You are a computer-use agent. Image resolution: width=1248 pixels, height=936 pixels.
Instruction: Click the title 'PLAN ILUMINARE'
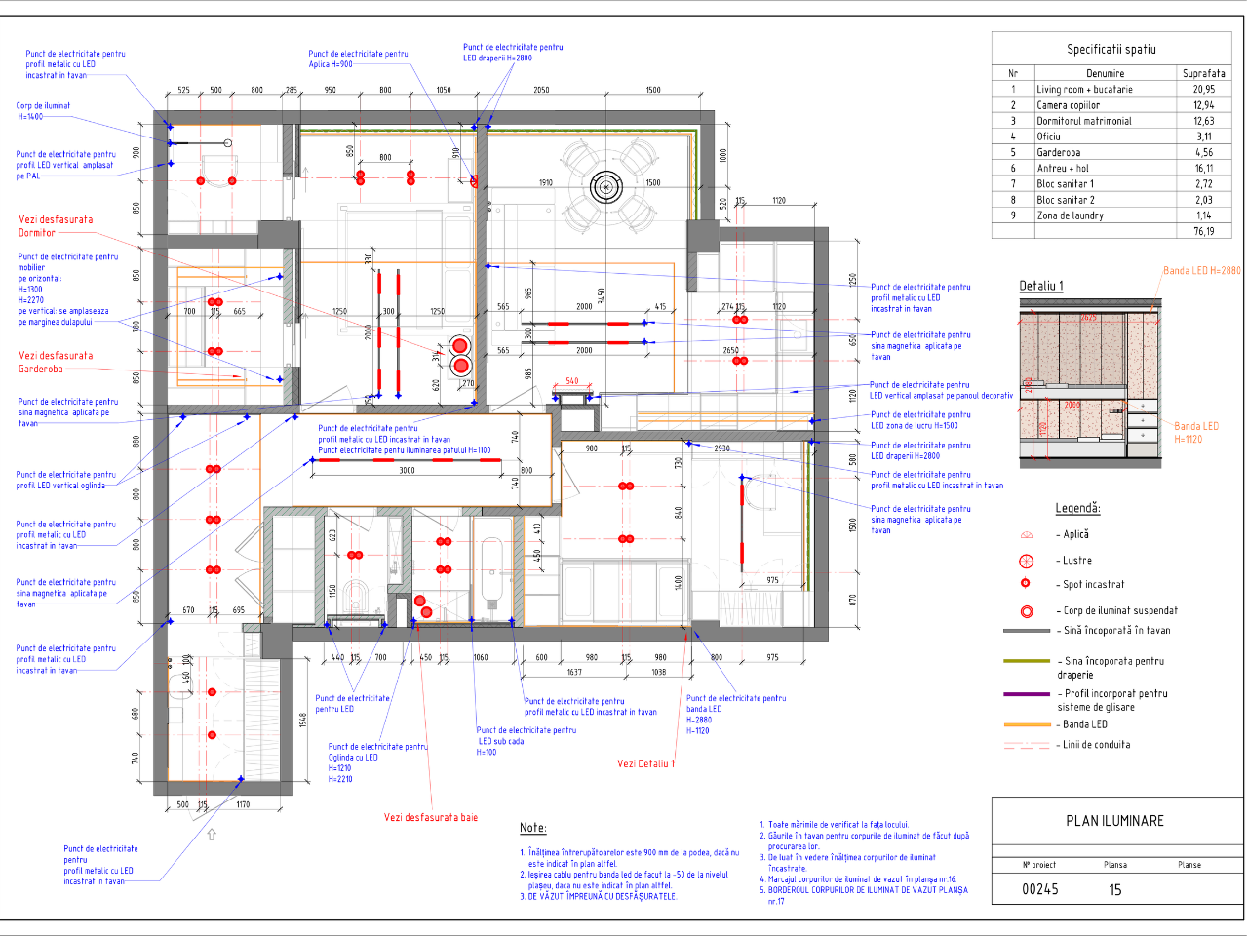pyautogui.click(x=1114, y=821)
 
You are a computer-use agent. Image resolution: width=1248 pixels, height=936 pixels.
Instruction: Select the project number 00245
pyautogui.click(x=1039, y=889)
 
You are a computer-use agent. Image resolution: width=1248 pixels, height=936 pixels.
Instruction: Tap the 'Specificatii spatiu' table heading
pyautogui.click(x=1111, y=49)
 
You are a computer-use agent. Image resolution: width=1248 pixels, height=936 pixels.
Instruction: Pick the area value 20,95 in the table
pyautogui.click(x=1203, y=89)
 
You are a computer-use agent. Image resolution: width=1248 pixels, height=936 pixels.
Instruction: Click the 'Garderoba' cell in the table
pyautogui.click(x=1058, y=152)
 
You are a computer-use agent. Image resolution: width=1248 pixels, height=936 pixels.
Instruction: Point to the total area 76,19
pyautogui.click(x=1203, y=231)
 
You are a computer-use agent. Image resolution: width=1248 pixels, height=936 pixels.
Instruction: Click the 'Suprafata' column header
pyautogui.click(x=1203, y=73)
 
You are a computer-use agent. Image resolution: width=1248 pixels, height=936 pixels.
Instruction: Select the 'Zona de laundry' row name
pyautogui.click(x=1070, y=215)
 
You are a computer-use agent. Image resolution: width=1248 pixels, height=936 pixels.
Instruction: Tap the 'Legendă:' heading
pyautogui.click(x=1077, y=508)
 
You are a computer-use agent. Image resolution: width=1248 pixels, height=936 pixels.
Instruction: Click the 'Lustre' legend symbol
pyautogui.click(x=1026, y=561)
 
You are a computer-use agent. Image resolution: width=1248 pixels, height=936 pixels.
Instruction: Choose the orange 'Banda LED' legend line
pyautogui.click(x=1026, y=724)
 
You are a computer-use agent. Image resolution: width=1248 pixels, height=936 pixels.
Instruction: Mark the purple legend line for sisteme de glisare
pyautogui.click(x=1026, y=694)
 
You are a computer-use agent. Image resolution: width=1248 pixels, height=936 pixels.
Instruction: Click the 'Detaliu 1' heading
pyautogui.click(x=1041, y=286)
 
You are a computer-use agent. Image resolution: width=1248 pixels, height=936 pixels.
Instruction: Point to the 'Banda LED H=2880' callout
pyautogui.click(x=1201, y=271)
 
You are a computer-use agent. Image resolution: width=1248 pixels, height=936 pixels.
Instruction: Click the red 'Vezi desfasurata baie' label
pyautogui.click(x=430, y=817)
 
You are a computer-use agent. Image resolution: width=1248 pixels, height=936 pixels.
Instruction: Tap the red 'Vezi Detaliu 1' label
pyautogui.click(x=645, y=763)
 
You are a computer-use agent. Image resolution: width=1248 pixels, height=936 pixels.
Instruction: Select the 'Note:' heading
pyautogui.click(x=532, y=828)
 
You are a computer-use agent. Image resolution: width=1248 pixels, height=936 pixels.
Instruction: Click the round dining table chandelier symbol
pyautogui.click(x=605, y=186)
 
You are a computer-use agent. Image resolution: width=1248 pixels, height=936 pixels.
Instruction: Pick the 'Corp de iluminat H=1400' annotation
pyautogui.click(x=43, y=111)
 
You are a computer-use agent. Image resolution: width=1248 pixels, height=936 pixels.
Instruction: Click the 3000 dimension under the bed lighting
pyautogui.click(x=407, y=470)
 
